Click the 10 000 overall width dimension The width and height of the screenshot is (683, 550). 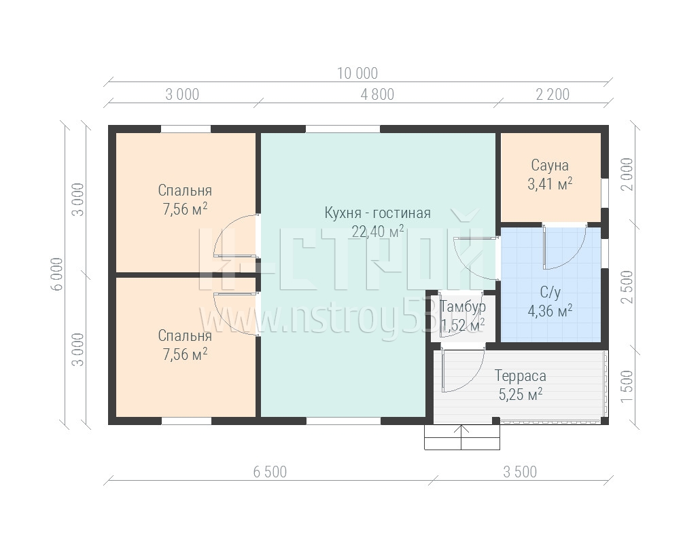(357, 73)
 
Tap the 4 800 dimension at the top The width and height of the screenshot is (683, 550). (377, 94)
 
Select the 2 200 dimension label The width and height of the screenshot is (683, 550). (553, 94)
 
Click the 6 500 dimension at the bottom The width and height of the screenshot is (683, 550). (270, 472)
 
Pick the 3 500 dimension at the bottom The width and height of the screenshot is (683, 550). (520, 472)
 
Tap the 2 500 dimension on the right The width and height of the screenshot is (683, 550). (627, 287)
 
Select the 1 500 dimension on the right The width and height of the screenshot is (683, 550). (627, 386)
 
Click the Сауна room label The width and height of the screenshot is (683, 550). (550, 166)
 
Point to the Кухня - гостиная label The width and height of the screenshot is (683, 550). (378, 213)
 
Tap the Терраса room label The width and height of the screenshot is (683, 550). (521, 375)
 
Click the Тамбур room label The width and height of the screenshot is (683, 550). (463, 306)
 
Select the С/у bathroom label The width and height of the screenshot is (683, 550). (550, 293)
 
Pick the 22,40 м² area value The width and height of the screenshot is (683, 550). (378, 232)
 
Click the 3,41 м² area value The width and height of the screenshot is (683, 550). (550, 184)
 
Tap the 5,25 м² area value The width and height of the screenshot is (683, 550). (521, 395)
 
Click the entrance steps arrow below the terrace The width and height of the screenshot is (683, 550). (461, 437)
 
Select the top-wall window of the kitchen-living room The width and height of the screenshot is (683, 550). (343, 129)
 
